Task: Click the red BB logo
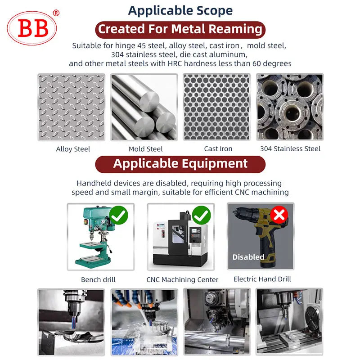coord(31,28)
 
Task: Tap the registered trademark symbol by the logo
coord(56,13)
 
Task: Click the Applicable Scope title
coord(180,10)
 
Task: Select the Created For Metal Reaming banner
coord(180,30)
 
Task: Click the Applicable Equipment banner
coord(180,164)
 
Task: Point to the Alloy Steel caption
coord(73,149)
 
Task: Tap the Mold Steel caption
coord(145,149)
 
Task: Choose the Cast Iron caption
coord(218,149)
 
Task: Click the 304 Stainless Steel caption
coord(290,149)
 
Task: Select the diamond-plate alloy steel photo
coord(72,107)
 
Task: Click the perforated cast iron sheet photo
coord(217,107)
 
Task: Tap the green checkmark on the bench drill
coord(118,215)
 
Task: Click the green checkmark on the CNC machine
coord(201,215)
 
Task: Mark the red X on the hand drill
coord(279,215)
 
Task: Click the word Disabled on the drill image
coord(248,257)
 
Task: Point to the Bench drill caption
coord(98,279)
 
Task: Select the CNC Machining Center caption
coord(182,279)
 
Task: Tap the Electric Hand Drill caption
coord(262,279)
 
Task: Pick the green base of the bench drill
coord(93,262)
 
